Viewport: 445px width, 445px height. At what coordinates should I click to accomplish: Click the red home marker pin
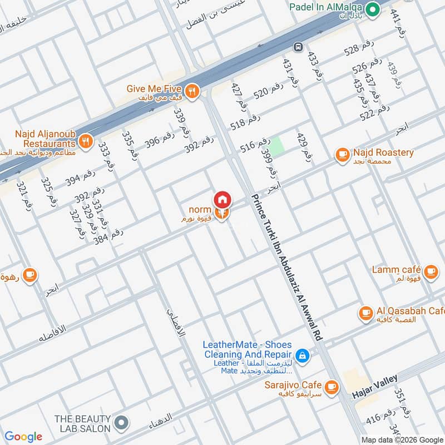[222, 199]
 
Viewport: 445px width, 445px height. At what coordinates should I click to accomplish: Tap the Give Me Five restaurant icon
[192, 91]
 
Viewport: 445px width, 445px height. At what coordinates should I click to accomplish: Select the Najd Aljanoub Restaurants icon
[85, 141]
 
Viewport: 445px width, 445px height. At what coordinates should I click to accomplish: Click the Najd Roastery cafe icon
[342, 154]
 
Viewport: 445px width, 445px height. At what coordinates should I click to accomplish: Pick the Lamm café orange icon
[429, 271]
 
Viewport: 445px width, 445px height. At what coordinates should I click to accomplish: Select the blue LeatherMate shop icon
[301, 354]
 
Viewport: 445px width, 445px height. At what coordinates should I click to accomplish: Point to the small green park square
[276, 145]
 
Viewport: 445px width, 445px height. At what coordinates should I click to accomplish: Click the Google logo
[23, 436]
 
